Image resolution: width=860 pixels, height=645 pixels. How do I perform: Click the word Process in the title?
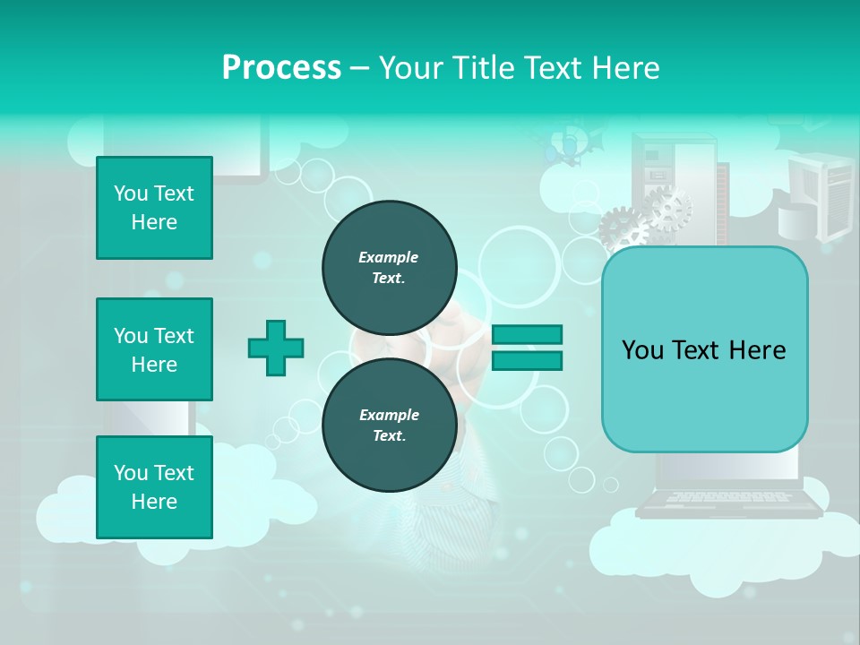[281, 68]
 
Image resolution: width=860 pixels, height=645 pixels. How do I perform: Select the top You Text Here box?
[154, 208]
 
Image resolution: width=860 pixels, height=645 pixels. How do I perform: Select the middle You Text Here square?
[154, 349]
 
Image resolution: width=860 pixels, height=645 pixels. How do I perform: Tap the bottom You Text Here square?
[154, 487]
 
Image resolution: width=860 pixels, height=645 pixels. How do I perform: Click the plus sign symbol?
[276, 348]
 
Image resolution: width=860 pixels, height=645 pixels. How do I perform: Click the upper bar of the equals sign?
[527, 334]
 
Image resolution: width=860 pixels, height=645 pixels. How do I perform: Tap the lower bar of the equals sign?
[527, 361]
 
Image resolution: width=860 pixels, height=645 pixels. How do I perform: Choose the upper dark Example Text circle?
[390, 267]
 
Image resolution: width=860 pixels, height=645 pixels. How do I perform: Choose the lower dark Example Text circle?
[390, 426]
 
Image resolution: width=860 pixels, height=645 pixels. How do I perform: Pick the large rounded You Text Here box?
[704, 349]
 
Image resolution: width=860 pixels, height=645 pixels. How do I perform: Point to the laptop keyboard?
[727, 497]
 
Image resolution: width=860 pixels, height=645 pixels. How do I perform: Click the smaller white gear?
[668, 208]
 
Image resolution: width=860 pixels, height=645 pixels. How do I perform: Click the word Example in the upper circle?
[389, 257]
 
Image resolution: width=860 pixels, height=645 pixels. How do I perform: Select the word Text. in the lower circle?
[389, 436]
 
